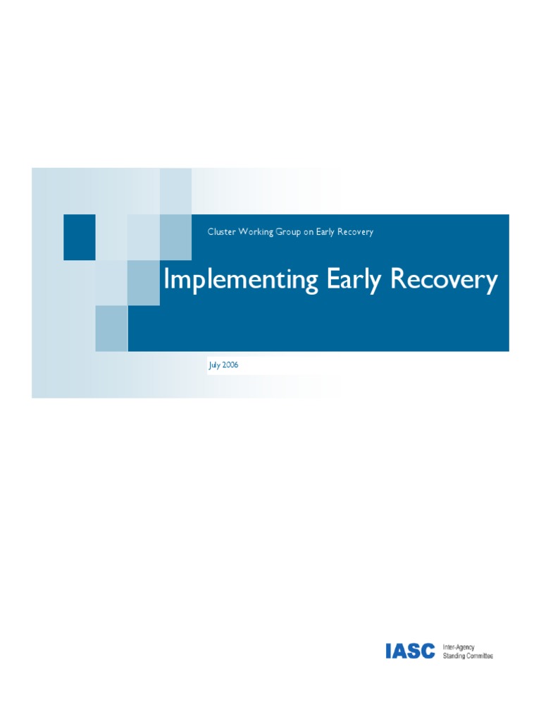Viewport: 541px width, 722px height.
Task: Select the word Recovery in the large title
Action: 444,280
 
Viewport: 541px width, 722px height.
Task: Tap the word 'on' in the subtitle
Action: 309,232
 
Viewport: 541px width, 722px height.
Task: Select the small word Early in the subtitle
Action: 325,232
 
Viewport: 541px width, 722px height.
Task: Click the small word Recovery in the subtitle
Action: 355,232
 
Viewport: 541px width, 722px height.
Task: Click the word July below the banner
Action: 214,365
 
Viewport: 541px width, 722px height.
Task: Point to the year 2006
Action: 230,365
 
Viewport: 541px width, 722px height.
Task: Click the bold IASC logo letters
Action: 410,651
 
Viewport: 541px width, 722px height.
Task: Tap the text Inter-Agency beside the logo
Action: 459,647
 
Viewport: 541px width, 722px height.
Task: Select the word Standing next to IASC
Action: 453,656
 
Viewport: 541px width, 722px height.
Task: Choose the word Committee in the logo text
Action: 479,656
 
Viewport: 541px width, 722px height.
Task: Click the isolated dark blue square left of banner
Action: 79,237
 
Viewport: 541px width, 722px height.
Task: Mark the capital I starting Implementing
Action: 166,279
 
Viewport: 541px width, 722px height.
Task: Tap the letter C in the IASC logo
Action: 428,651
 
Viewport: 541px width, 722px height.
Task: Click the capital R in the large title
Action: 397,279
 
